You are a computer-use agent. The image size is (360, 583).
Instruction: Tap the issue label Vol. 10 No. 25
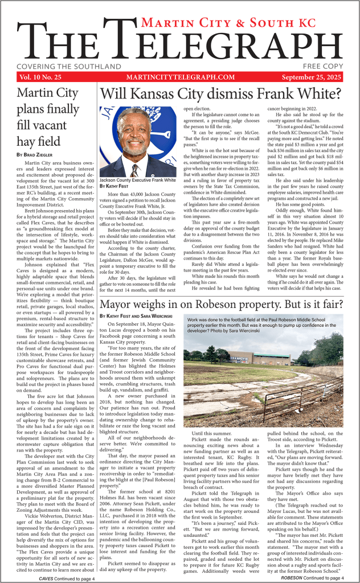click(40, 77)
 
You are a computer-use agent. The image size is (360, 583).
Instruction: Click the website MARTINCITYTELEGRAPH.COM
click(181, 77)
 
